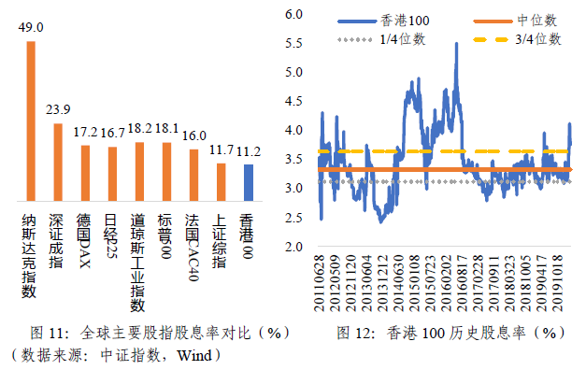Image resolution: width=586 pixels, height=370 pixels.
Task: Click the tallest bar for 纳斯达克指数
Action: pos(31,116)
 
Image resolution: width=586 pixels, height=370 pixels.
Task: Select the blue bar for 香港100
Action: pos(248,178)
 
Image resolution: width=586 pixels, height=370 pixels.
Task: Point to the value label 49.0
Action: pos(31,29)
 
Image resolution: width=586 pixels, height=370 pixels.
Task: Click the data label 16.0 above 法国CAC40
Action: pos(194,135)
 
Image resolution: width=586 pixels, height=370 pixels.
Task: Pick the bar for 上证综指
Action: pos(221,177)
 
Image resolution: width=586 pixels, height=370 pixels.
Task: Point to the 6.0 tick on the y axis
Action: pos(296,14)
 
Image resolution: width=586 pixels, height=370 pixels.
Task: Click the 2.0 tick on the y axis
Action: pos(296,247)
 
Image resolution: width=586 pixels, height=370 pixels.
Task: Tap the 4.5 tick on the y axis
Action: pos(296,101)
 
